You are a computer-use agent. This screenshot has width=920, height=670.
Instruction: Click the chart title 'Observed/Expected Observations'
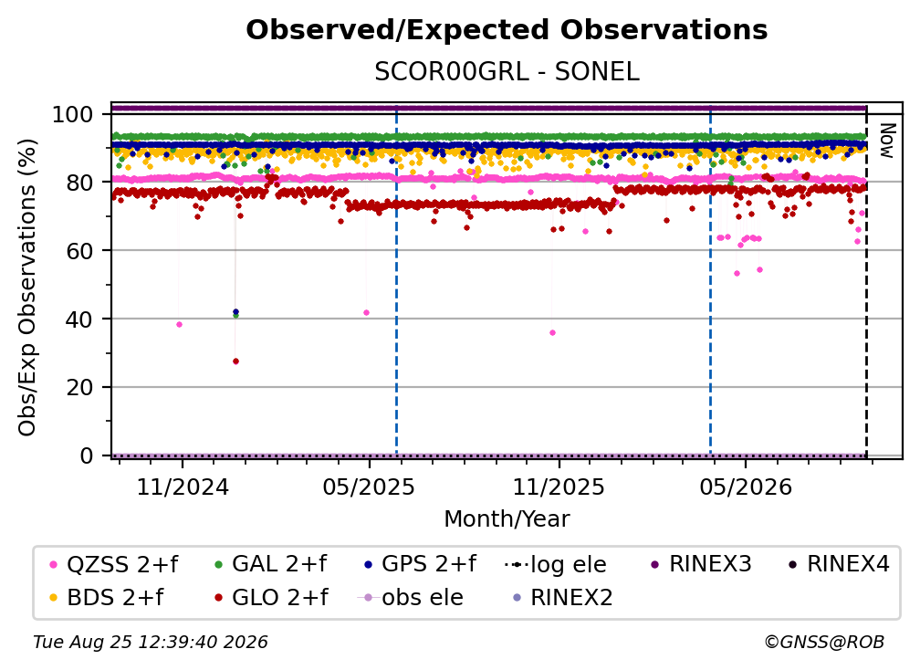pos(507,30)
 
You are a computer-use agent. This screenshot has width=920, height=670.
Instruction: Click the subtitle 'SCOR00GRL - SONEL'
pos(507,72)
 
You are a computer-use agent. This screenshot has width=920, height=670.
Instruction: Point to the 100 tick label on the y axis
pos(72,114)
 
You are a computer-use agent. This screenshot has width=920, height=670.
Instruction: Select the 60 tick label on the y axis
pos(79,251)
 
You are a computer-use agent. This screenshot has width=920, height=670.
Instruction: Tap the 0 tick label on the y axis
pos(87,455)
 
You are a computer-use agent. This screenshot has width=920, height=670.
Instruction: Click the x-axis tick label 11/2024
pos(183,487)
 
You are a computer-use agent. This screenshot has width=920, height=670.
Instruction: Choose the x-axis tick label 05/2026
pos(746,487)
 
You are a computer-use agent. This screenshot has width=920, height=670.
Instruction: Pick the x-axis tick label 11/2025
pos(559,487)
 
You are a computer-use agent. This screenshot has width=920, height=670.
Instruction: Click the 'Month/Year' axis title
pos(507,519)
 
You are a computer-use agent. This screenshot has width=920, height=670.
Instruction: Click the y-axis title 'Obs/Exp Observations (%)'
pos(27,287)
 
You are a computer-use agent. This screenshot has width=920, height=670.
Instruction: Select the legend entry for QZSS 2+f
pos(114,564)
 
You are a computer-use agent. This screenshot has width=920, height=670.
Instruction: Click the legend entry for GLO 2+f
pos(271,597)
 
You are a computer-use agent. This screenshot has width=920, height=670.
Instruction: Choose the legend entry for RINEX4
pos(839,564)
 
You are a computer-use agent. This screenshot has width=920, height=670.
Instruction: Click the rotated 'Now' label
pos(886,141)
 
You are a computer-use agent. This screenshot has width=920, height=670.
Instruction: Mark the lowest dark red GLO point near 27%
pos(235,361)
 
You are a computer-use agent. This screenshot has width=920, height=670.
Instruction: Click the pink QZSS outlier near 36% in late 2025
pos(552,332)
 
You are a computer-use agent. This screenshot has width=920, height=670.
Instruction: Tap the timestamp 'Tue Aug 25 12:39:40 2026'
pos(151,643)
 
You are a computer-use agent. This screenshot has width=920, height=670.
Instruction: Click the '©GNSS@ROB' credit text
pos(824,643)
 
